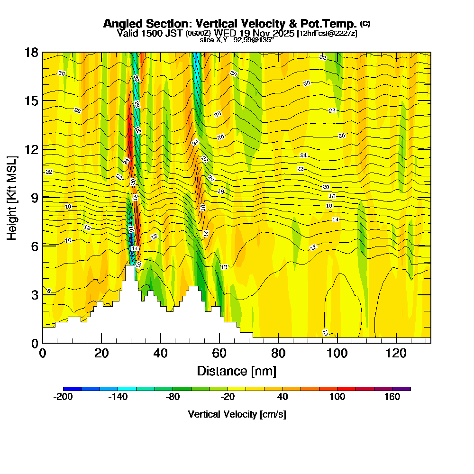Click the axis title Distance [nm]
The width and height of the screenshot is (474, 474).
(x=237, y=371)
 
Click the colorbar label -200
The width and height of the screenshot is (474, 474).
(x=63, y=397)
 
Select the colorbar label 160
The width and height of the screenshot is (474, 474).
(x=392, y=397)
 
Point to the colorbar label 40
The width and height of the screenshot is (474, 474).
(x=283, y=397)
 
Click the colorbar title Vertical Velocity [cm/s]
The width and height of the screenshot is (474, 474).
(x=237, y=414)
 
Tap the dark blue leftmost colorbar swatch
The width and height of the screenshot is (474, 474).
(x=72, y=389)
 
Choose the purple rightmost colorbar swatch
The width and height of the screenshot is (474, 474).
(x=401, y=389)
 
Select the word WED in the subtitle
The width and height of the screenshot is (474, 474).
(x=225, y=33)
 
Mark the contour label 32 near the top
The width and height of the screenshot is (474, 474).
(x=323, y=57)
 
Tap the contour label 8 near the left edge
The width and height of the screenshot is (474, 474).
(x=49, y=291)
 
